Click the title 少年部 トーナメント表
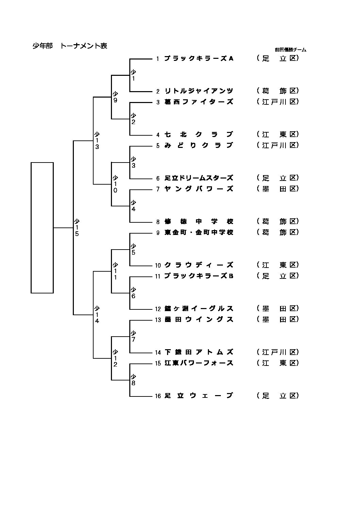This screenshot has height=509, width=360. tap(70, 46)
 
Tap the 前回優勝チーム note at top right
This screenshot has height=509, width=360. tap(290, 50)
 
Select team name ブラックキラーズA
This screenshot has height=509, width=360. tap(199, 58)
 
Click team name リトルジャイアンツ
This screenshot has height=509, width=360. tap(199, 91)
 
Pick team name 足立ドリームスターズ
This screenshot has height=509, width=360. tap(199, 178)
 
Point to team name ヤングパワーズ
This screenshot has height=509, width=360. tap(199, 189)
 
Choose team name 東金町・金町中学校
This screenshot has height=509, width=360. tap(199, 233)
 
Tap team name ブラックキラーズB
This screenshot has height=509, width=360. tap(199, 276)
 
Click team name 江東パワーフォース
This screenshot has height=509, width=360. tap(199, 363)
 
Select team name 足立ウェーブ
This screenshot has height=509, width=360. tap(199, 396)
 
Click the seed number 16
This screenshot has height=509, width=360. tap(158, 396)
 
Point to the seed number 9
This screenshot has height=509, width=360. tap(158, 233)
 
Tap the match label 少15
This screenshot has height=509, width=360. tap(77, 228)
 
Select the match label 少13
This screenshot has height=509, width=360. tap(97, 141)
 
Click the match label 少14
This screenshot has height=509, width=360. tap(97, 315)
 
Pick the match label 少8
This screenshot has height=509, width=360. tap(133, 380)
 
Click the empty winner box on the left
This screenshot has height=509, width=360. tap(42, 227)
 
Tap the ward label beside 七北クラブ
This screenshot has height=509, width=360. tap(278, 135)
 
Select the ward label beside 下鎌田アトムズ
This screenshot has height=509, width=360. tap(278, 352)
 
